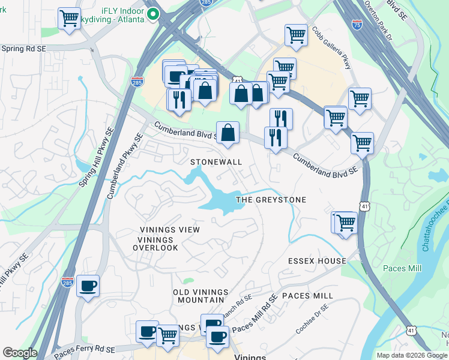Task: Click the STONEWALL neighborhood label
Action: click(216, 163)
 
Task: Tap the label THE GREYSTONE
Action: click(271, 200)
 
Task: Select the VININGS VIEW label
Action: click(169, 230)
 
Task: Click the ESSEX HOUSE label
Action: click(317, 261)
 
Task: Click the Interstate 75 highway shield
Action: click(357, 25)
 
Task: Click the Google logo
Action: click(20, 353)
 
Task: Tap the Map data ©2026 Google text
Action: click(411, 355)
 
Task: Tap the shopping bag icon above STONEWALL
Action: click(228, 133)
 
